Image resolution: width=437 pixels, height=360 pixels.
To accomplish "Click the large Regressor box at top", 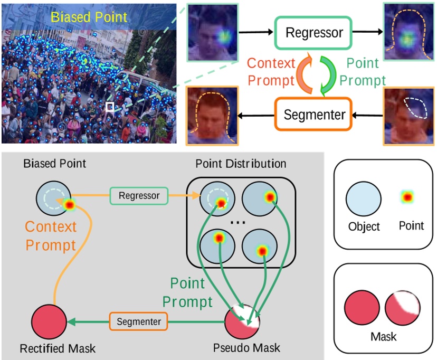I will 314,32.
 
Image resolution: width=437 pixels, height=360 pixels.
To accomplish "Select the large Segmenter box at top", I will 315,115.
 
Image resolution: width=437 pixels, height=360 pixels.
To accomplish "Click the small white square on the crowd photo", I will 110,108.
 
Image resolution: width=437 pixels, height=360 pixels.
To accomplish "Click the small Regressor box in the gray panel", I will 139,195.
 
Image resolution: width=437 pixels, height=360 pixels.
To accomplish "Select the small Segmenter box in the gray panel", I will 138,320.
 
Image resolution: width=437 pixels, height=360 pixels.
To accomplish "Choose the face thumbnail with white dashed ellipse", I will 408,116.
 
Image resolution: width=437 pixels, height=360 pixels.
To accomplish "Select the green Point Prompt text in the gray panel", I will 188,292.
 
